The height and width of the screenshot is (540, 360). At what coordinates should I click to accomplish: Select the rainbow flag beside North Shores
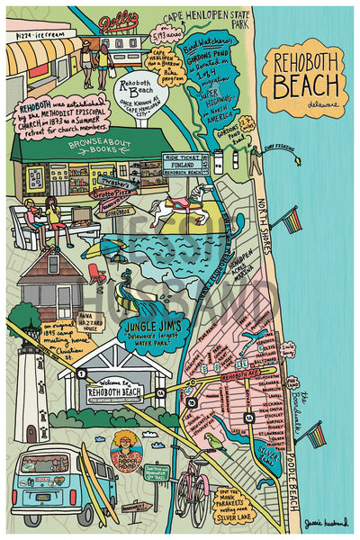291,219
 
